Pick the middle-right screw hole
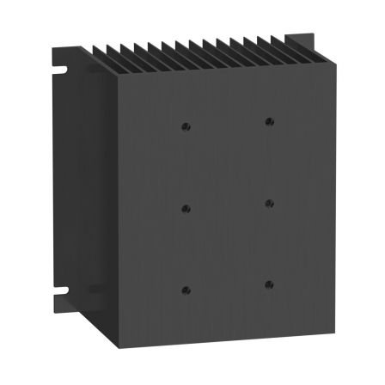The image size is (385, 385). pos(269,203)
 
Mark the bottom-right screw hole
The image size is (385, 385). pos(269,284)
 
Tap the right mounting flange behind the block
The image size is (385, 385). pos(327,172)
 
